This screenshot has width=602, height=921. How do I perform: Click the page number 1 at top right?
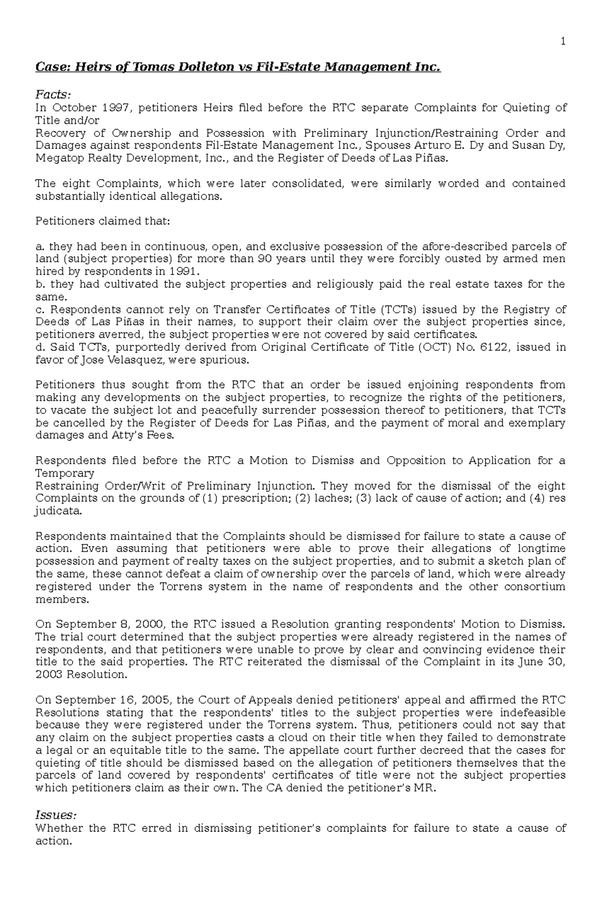(x=563, y=42)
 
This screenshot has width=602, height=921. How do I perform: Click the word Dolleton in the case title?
(x=165, y=67)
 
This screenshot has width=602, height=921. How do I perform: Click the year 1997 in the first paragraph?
(x=116, y=107)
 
